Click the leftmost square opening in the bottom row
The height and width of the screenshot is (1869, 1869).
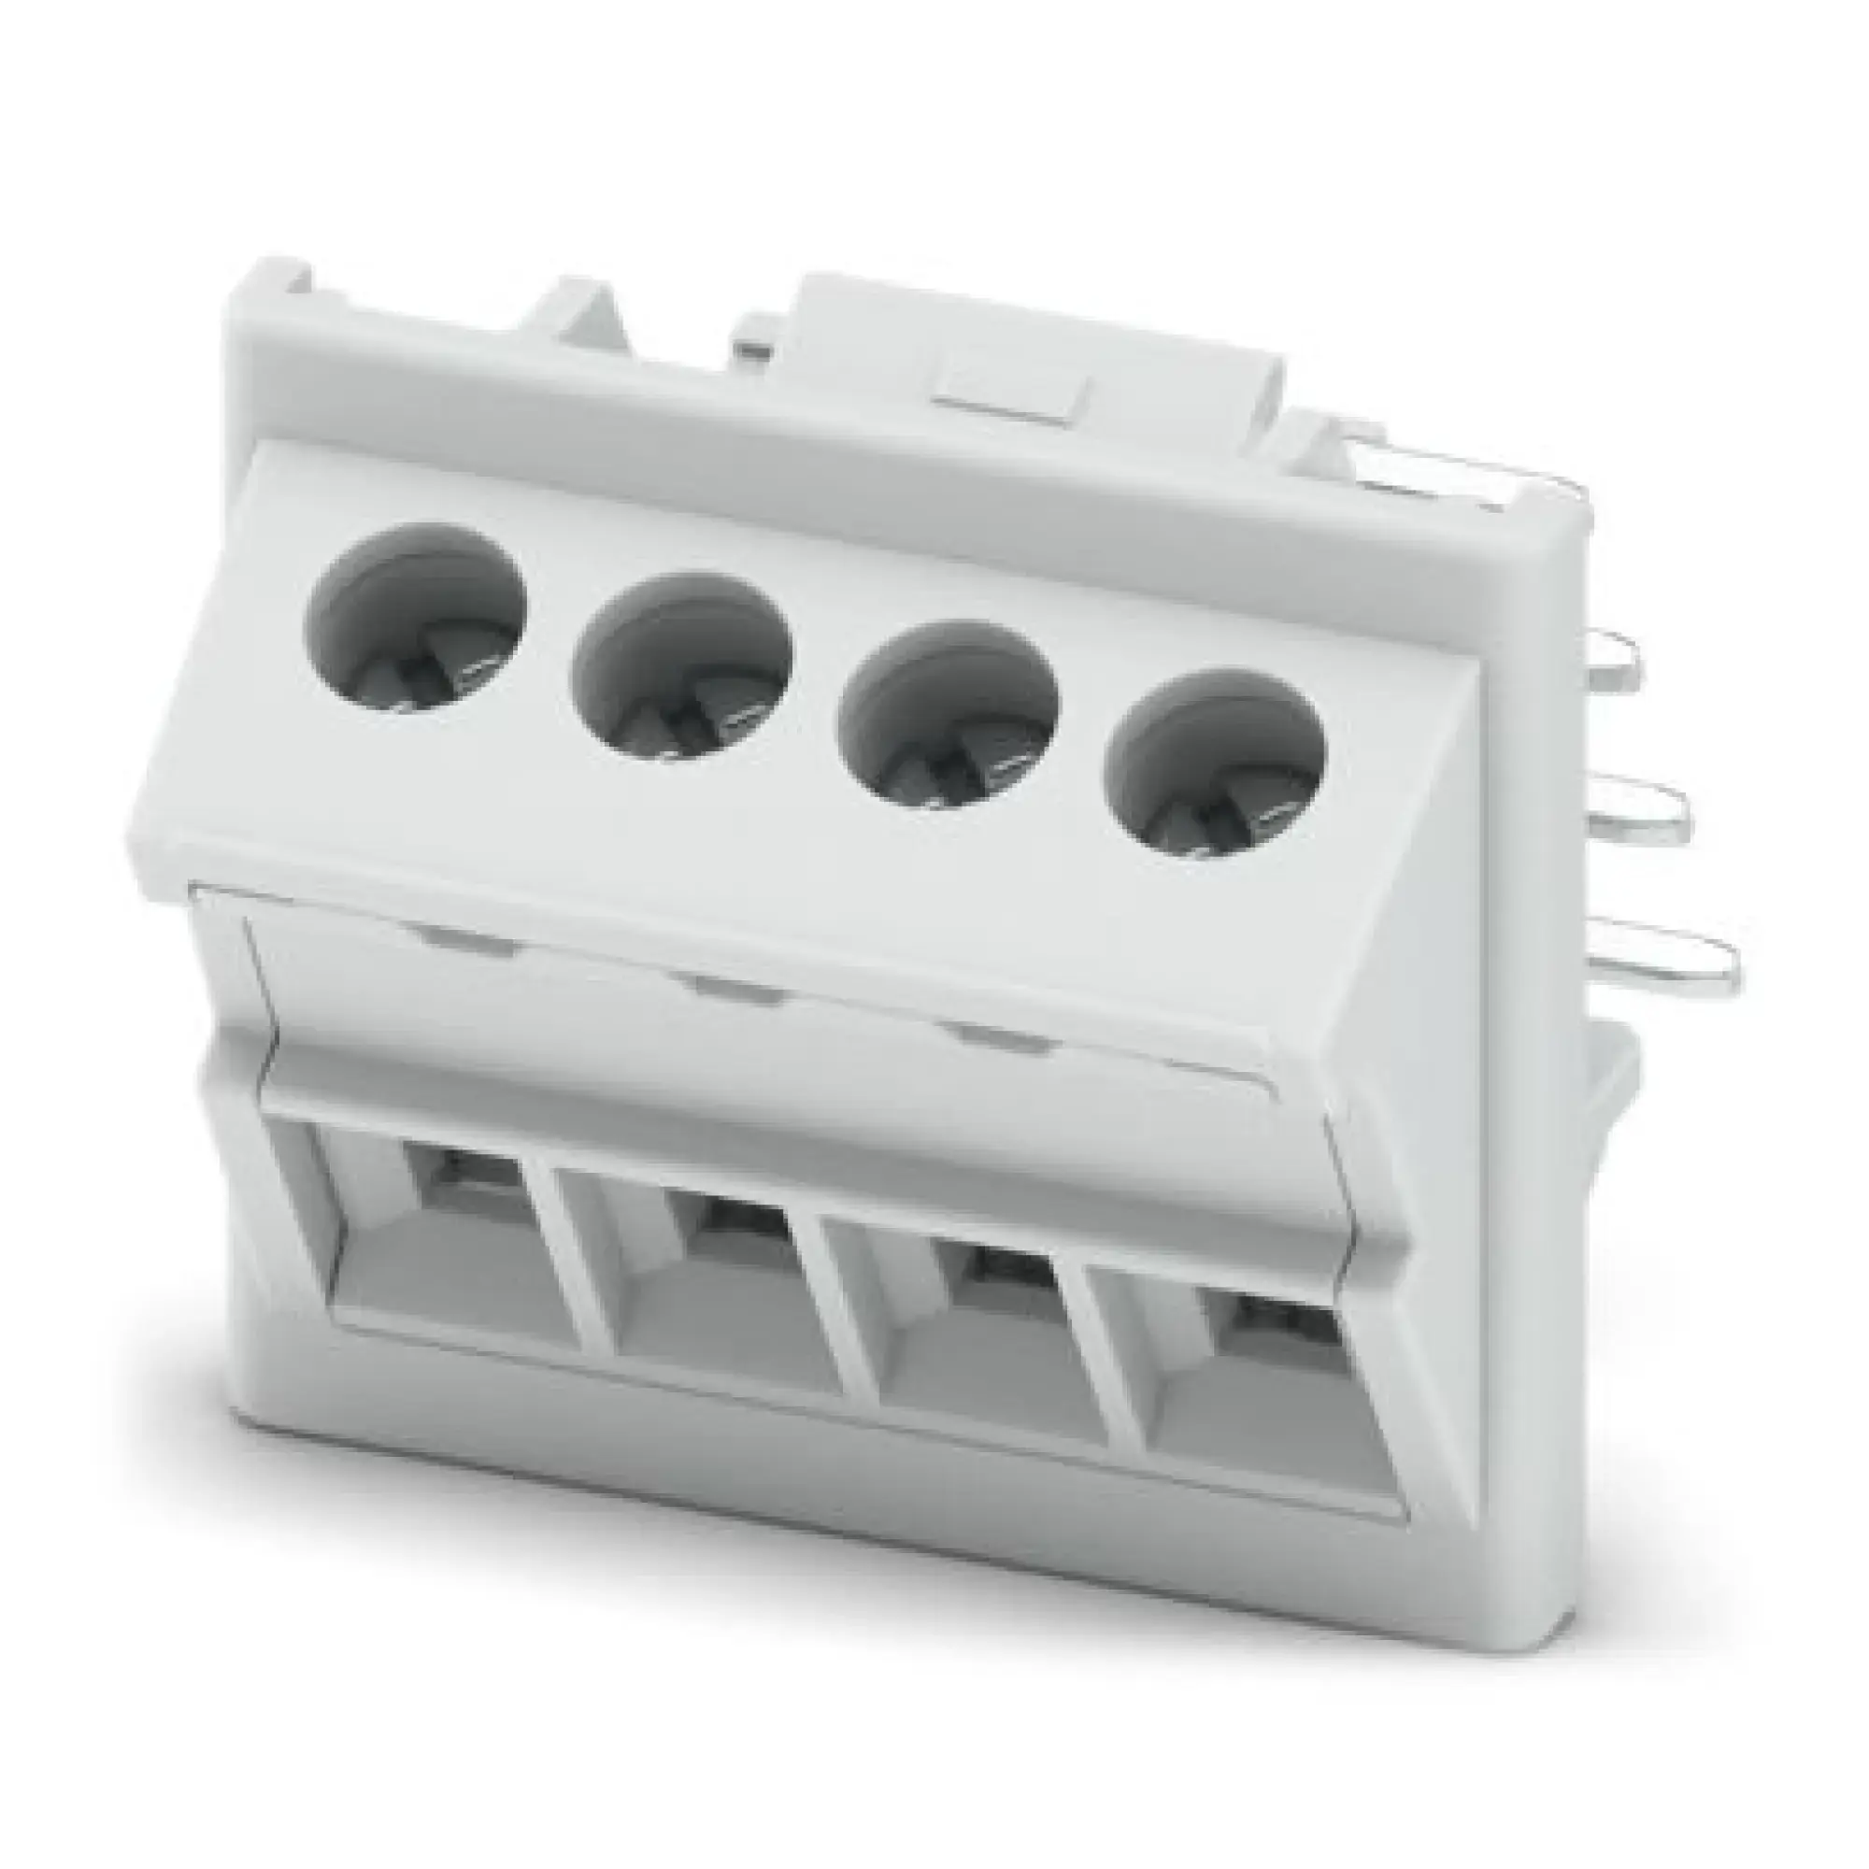click(x=455, y=1258)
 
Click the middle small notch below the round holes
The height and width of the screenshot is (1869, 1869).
click(x=730, y=987)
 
